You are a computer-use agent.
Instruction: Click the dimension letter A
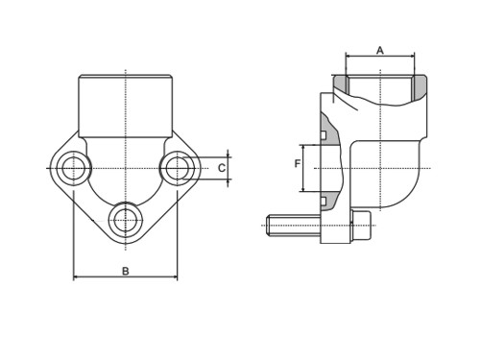pos(380,51)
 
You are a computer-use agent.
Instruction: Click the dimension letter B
pos(126,271)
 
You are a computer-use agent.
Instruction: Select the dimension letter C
pos(222,168)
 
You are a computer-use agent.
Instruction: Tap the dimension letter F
pos(298,164)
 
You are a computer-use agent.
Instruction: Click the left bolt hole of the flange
pos(74,168)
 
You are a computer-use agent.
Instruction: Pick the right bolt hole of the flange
pos(177,168)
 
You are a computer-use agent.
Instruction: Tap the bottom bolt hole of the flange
pos(126,221)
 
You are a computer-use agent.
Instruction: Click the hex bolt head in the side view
pos(361,225)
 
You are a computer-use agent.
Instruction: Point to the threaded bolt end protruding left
pos(294,226)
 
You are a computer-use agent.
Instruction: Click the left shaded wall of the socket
pos(341,84)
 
